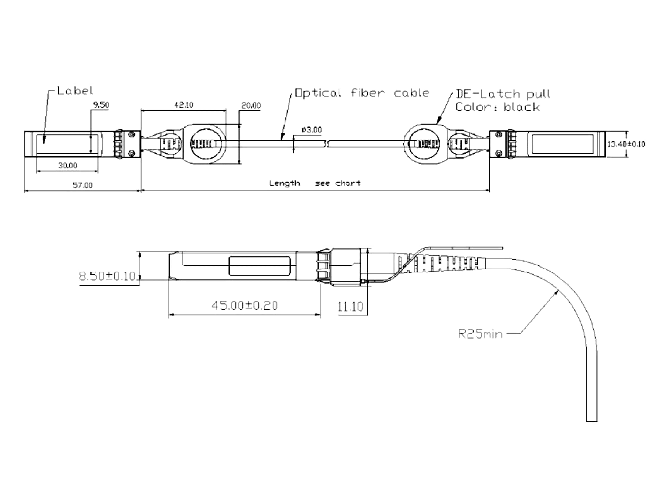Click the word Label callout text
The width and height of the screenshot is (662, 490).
[75, 91]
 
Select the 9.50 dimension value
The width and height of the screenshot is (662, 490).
[101, 105]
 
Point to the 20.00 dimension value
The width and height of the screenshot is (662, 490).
[251, 106]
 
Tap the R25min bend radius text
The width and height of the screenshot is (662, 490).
[480, 334]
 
